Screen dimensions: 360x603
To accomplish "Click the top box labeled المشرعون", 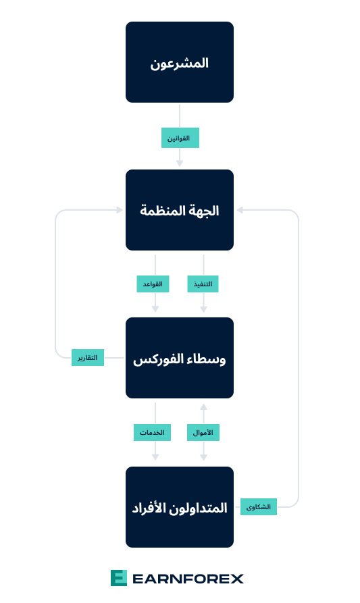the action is [180, 62].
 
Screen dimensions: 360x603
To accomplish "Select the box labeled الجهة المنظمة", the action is [180, 210].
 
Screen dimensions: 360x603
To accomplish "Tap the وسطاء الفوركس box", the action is [180, 358].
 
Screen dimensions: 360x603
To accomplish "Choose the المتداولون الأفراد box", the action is [180, 507].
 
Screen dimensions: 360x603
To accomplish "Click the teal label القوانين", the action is [180, 138].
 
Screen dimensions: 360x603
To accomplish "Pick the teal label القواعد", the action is [153, 284].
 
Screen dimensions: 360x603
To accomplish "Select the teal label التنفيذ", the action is [203, 284].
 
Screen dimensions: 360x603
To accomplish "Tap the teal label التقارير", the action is [88, 358].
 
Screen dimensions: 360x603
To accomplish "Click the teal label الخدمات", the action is [153, 432].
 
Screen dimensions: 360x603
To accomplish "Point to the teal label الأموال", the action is [203, 432].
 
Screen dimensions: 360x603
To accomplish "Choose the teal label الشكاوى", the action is [259, 507].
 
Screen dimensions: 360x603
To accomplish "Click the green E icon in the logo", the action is [118, 578].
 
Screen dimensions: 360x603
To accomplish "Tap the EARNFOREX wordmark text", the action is [188, 579].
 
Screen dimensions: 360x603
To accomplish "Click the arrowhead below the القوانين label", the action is [180, 163].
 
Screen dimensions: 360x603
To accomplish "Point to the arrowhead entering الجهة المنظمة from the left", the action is [120, 210].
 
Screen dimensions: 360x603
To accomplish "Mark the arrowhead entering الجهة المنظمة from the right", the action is [240, 210].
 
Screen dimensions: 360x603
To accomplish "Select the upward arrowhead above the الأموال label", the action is [204, 407].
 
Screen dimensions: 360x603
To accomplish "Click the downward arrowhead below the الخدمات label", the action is [155, 457].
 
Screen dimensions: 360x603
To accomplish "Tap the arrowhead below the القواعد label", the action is [155, 309].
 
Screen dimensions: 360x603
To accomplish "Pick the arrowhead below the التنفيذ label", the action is [204, 309].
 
